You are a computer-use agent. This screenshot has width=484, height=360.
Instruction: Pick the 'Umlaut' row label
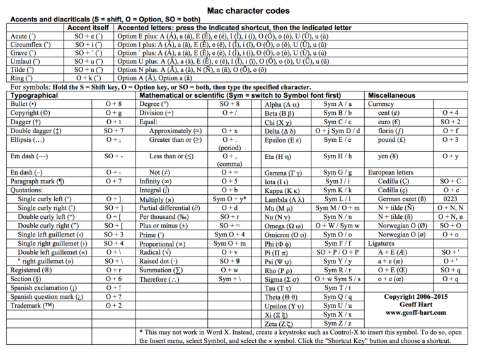27,62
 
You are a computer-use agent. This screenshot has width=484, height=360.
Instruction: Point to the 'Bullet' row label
24,104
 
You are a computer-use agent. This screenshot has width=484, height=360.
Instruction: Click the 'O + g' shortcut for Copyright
113,113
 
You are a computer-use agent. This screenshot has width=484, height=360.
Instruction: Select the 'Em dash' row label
29,155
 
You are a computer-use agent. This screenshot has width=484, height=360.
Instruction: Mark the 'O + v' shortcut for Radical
229,252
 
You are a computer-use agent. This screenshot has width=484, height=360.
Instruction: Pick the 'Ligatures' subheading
386,243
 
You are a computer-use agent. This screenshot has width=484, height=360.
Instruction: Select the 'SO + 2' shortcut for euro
450,121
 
